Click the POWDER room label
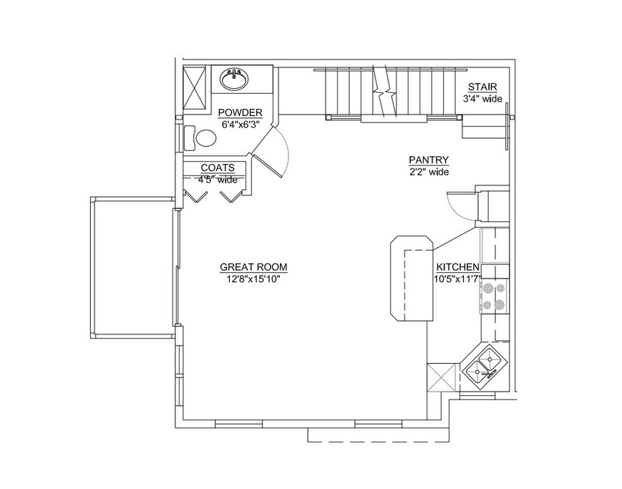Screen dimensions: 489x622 pos(240,112)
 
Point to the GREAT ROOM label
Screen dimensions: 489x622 pos(253,268)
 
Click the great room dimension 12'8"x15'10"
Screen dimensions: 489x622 pos(253,279)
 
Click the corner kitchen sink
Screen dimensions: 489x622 pos(485,364)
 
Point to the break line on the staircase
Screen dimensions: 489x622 pos(385,92)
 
